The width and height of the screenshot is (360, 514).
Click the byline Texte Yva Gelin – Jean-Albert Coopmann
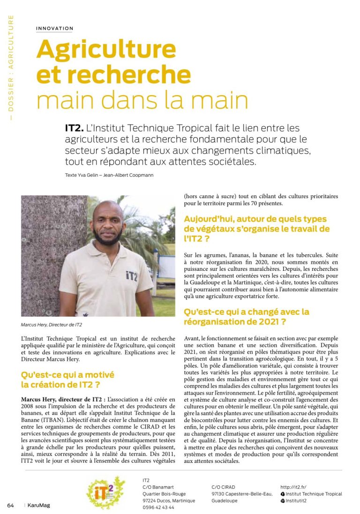109,175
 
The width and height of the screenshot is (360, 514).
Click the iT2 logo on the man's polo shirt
132,276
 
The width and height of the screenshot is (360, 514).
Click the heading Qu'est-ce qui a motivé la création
67,380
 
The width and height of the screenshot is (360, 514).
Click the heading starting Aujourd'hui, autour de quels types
257,224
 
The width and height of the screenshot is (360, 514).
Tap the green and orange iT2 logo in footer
106,492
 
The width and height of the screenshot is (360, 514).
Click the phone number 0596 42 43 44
158,507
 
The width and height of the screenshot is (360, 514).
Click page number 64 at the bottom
10,506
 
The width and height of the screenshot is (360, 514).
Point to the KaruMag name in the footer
38,506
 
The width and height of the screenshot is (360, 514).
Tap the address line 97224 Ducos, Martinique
168,500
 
